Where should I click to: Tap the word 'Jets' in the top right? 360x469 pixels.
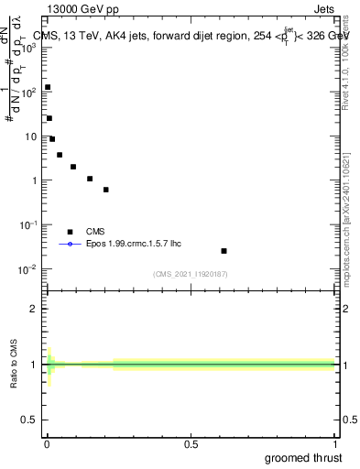pos(322,8)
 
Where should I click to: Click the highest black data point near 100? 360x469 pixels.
pos(48,87)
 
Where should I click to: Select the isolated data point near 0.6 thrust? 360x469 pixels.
pos(224,250)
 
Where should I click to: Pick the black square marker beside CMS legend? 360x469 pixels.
pos(70,232)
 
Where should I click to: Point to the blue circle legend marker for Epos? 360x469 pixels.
pos(70,244)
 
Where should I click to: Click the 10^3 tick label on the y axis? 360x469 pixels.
pos(29,48)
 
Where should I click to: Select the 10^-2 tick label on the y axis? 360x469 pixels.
pos(29,268)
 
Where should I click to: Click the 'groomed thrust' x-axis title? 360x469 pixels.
pos(303,457)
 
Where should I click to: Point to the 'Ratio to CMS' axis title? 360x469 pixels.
pos(15,364)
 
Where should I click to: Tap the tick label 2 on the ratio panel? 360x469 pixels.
pos(36,308)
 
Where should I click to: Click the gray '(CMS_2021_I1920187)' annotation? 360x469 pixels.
pos(190,274)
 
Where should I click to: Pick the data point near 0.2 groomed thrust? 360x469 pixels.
pos(106,190)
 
